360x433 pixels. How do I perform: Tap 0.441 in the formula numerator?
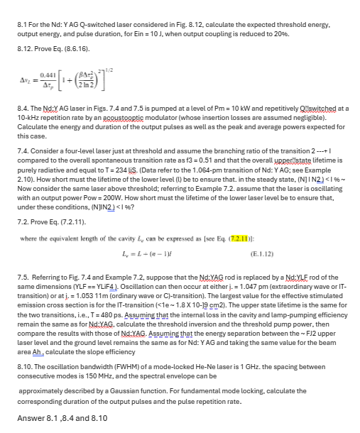[x=48, y=73]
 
